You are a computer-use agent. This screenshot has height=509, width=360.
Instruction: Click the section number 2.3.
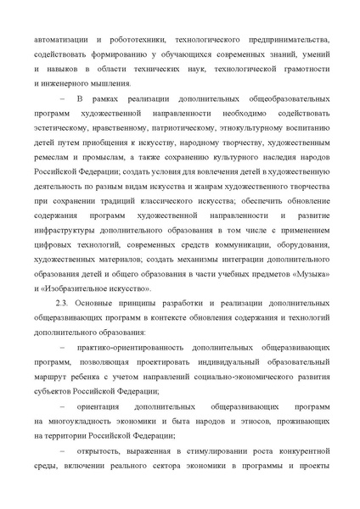[x=62, y=302]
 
